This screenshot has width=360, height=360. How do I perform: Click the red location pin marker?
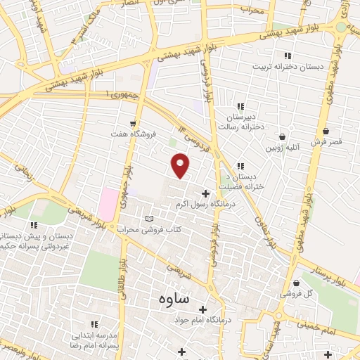[x=181, y=166]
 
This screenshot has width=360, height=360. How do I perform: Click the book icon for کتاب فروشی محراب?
[x=148, y=218]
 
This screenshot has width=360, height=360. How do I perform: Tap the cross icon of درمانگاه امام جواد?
[x=202, y=309]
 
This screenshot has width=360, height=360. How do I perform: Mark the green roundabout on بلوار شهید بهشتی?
[x=342, y=27]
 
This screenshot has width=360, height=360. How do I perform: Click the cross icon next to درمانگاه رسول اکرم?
[x=205, y=193]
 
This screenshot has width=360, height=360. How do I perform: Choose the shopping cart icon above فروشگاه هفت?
[x=133, y=123]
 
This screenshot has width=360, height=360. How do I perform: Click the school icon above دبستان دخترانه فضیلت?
[x=241, y=166]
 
